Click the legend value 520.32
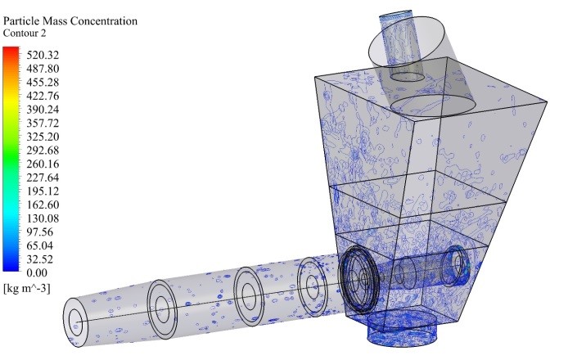click(x=43, y=55)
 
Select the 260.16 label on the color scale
click(x=43, y=164)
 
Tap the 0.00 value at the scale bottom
click(x=37, y=272)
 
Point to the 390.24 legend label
click(x=43, y=110)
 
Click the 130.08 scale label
click(x=43, y=218)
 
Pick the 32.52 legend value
click(x=40, y=259)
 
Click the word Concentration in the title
click(x=104, y=21)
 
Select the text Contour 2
click(x=25, y=33)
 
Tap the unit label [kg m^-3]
click(x=27, y=288)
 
